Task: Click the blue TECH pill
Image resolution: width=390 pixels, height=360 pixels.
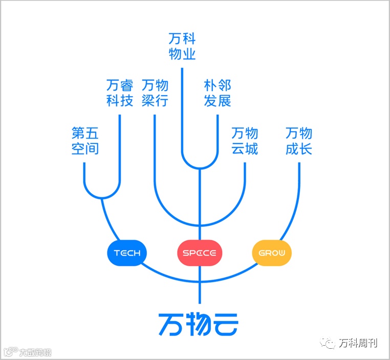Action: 127,252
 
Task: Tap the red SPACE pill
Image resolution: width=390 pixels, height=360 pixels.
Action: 200,252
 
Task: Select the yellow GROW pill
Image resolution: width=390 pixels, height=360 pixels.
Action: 272,252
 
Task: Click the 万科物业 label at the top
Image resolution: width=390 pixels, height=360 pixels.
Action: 182,46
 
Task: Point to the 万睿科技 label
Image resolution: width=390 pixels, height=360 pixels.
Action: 120,93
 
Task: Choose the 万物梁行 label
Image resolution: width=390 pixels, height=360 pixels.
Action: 155,93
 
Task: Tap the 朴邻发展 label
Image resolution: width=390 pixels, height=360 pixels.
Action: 218,93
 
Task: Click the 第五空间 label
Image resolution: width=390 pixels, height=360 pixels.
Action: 85,141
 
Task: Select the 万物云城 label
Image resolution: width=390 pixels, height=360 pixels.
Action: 245,141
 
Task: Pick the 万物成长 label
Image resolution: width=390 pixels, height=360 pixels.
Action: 299,141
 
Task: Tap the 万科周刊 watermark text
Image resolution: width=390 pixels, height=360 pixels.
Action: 358,343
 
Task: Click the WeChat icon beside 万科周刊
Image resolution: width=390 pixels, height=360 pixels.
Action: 329,343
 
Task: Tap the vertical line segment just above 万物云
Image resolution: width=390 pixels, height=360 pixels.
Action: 200,294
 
